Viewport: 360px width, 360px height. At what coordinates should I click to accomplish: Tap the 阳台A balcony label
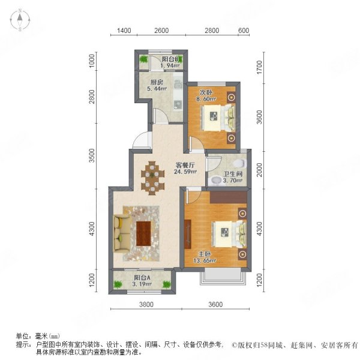click(142, 278)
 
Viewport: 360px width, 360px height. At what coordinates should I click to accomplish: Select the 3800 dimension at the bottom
click(147, 305)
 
